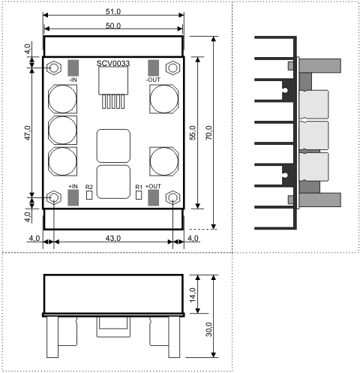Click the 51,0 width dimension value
pos(113,11)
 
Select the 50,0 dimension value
pos(113,26)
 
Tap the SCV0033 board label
pos(113,63)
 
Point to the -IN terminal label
pos(73,80)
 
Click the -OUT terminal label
pos(153,80)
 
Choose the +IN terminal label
pos(73,186)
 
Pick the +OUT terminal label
pos(153,186)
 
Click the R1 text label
pos(139,187)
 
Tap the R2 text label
pos(89,187)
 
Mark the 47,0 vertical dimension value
pos(28,133)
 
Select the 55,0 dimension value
pos(193,133)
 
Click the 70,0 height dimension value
pos(209,133)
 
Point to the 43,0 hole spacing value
pos(113,238)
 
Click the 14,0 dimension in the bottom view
pos(193,295)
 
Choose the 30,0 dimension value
pos(208,329)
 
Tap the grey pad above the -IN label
pos(73,68)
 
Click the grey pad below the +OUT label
pos(153,197)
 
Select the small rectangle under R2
pos(89,195)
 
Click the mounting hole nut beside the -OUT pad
pos(172,68)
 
